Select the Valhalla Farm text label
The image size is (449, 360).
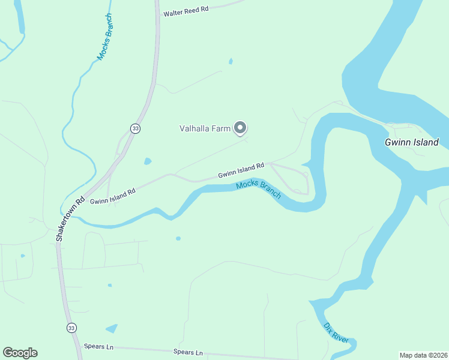(x=205, y=128)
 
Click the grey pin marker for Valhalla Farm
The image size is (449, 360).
(x=240, y=128)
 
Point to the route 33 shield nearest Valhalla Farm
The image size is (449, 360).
(x=136, y=128)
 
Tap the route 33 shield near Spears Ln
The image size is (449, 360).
(x=71, y=328)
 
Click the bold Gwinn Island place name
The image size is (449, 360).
(x=412, y=143)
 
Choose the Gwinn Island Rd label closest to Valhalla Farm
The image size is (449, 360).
(x=241, y=170)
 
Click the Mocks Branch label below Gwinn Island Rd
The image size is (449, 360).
(x=259, y=190)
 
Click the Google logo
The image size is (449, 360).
(x=20, y=353)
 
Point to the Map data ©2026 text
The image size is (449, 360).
(x=423, y=355)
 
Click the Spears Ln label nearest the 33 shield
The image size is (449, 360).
(x=98, y=347)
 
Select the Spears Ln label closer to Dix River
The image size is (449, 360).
(x=188, y=352)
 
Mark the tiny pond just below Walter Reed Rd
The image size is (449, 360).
(x=231, y=61)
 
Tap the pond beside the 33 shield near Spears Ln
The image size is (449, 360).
(x=112, y=328)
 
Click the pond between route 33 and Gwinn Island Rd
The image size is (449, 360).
(x=148, y=161)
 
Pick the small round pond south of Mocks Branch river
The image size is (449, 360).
(x=178, y=238)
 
